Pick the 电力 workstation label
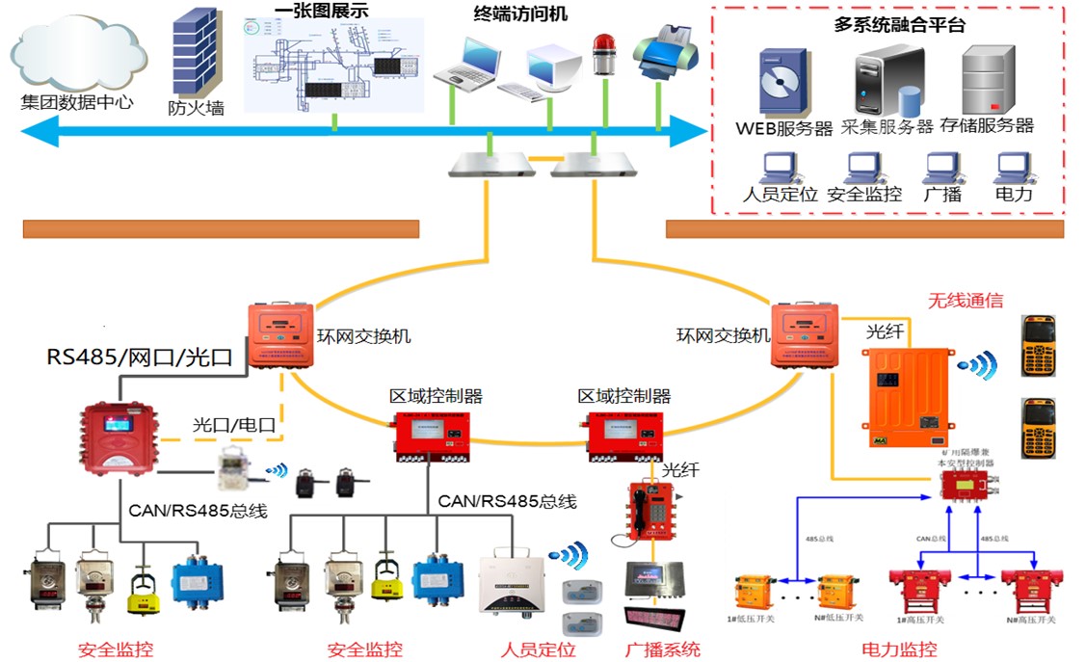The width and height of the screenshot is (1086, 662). point(1013,194)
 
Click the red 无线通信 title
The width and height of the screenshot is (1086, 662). point(969,302)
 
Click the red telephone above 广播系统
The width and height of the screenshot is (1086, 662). point(649,511)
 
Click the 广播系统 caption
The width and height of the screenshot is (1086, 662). point(662,649)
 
